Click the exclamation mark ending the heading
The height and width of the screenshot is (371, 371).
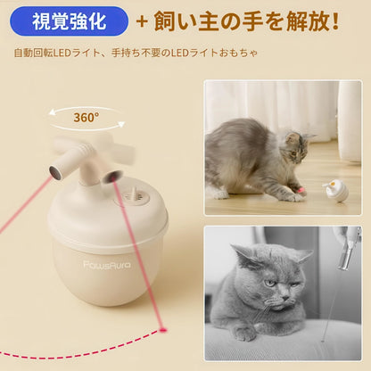(x=335, y=19)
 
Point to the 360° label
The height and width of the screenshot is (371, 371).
(x=86, y=117)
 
